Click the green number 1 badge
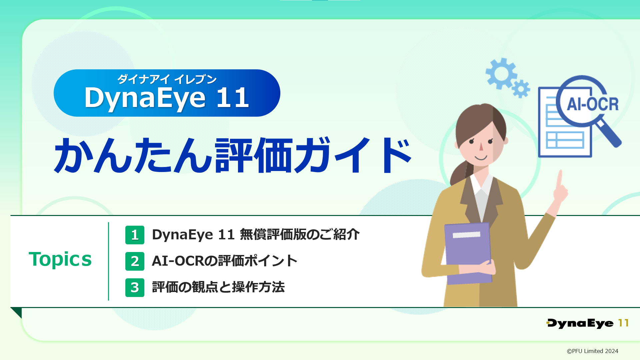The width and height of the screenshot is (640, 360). [135, 235]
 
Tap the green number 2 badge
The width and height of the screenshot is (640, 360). [135, 261]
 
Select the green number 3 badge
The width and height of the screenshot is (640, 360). [135, 288]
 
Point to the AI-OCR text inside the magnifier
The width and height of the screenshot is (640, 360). [593, 104]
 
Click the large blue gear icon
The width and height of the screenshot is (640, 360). [501, 74]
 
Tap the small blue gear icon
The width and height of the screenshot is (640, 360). [521, 89]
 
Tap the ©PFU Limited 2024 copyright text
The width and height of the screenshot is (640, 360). [592, 351]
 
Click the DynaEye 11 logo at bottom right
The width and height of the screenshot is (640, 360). [587, 323]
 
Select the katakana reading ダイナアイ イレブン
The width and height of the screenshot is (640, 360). [167, 79]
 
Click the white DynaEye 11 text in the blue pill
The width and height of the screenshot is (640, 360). [167, 98]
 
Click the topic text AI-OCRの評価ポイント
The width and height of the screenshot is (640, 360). [224, 261]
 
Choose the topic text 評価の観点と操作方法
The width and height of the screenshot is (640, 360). [218, 287]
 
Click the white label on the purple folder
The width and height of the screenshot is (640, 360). [466, 235]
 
